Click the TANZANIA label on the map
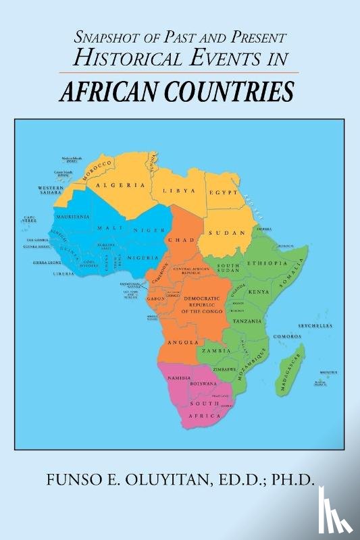(247, 321)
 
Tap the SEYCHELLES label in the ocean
(316, 325)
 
